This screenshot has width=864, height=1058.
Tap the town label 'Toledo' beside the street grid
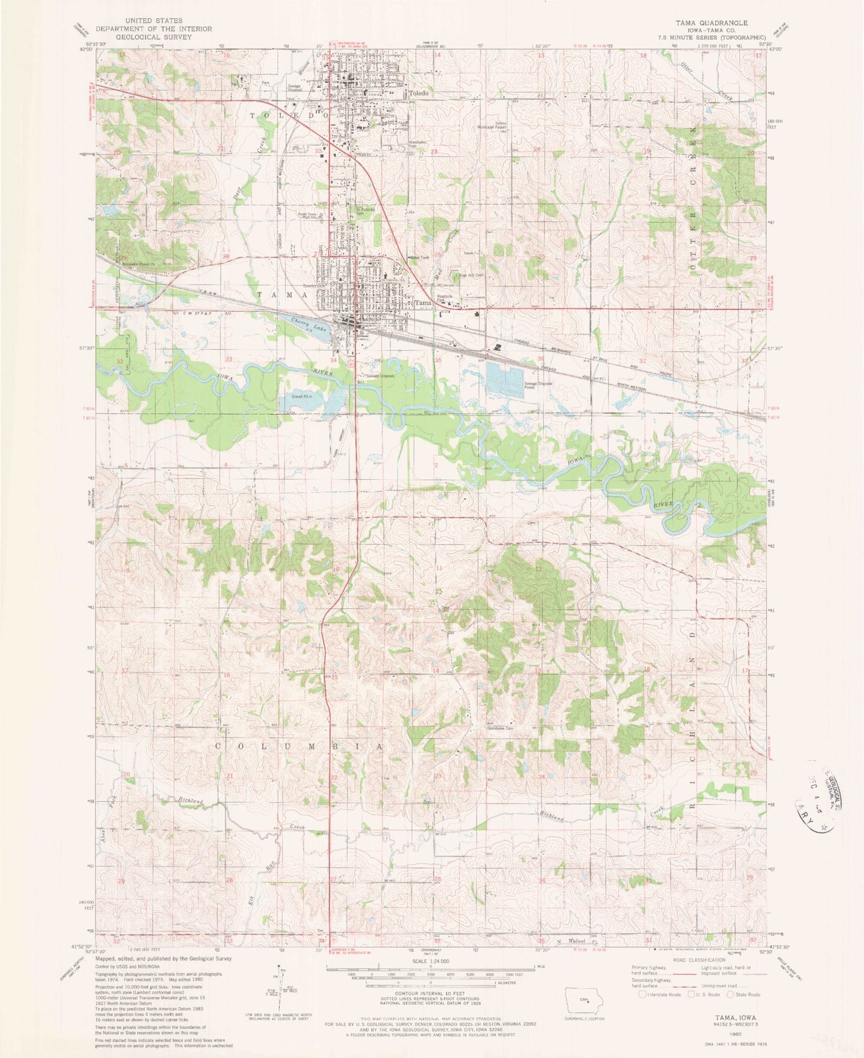point(419,94)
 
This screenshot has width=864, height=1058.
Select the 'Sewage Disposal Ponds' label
point(538,386)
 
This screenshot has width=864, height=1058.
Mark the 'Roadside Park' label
point(444,297)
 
